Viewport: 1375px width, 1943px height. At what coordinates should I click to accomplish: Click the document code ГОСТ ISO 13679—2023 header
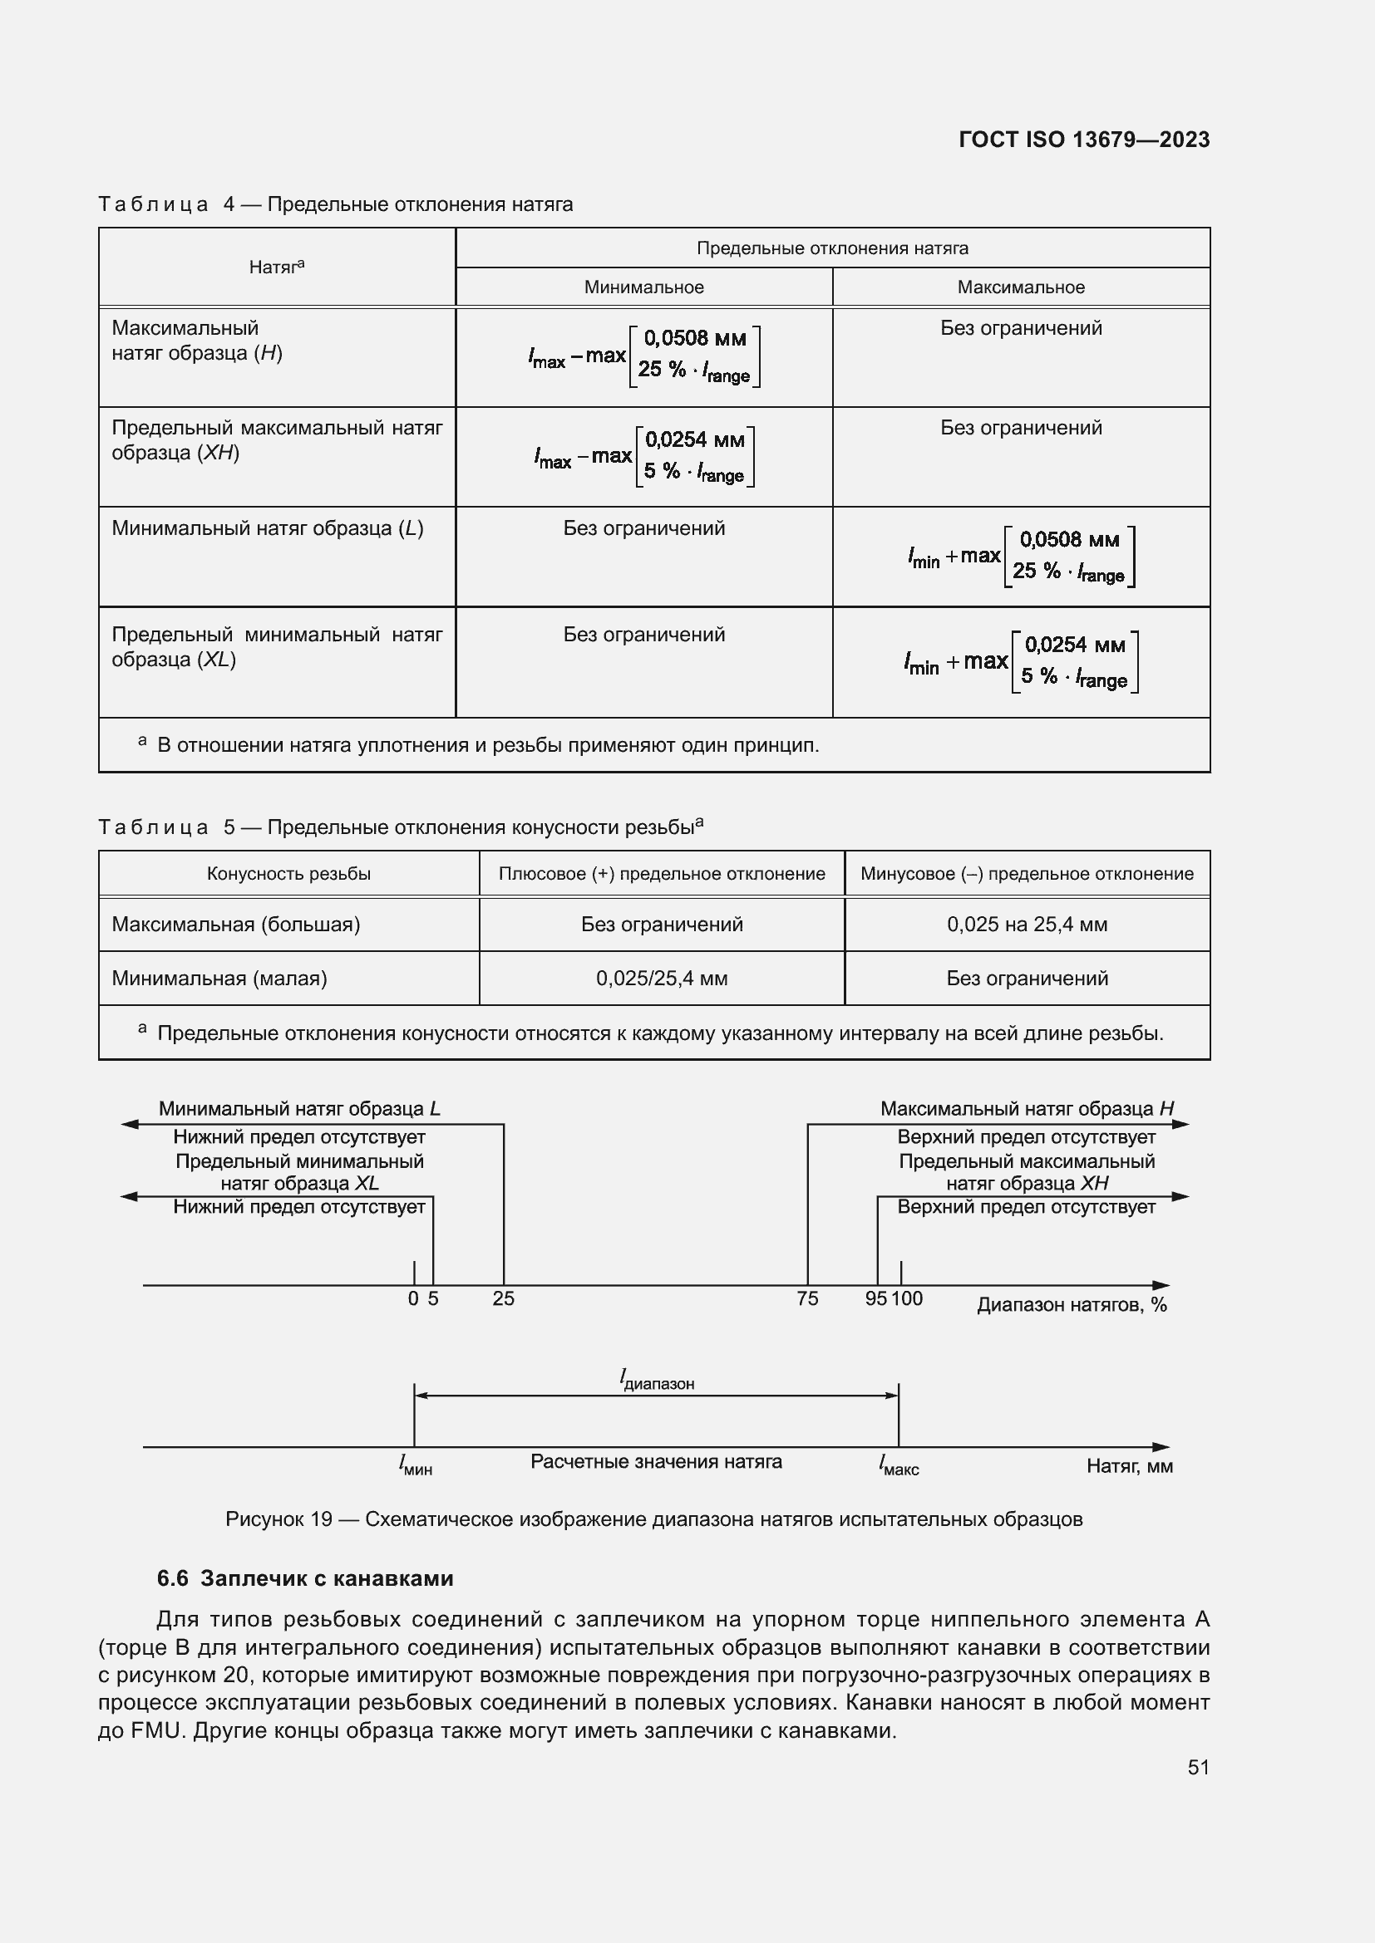pos(1083,140)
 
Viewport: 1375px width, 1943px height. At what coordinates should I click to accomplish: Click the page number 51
pos(1197,1767)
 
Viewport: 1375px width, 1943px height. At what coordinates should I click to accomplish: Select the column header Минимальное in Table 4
pos(643,287)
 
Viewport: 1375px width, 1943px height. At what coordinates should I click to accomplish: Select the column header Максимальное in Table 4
pos(1020,287)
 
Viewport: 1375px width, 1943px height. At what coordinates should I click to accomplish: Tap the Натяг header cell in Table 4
pos(276,267)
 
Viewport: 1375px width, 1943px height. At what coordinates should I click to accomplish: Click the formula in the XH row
pos(643,457)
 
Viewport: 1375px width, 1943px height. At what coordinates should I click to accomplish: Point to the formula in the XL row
pos(1020,662)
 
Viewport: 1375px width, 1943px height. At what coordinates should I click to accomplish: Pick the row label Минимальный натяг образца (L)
pos(268,528)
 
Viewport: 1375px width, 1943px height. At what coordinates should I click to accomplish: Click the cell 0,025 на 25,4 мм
pos(1026,924)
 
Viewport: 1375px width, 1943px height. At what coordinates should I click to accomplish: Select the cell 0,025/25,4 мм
pos(661,979)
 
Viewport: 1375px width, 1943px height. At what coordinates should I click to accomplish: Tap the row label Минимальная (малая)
pos(219,979)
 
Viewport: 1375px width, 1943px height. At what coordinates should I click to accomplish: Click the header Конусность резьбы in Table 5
pos(288,873)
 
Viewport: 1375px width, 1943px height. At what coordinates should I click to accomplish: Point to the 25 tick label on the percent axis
pos(503,1298)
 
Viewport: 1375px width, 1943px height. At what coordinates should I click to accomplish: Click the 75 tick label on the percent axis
pos(807,1298)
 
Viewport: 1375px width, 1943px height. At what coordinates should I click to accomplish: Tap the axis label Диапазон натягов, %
pos(1071,1305)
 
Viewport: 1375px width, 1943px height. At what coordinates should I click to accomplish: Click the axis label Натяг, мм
pos(1129,1465)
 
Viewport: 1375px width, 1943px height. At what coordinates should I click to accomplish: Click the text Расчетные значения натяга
pos(655,1461)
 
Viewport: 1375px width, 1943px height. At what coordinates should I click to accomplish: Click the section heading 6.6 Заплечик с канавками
pos(305,1578)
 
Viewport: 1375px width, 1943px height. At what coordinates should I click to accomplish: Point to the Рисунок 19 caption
pos(653,1519)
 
